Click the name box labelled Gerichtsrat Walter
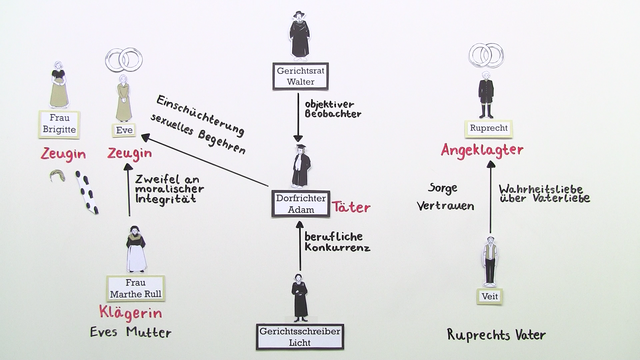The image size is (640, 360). (x=299, y=77)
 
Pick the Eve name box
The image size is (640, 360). (x=124, y=129)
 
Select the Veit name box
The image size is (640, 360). (x=488, y=297)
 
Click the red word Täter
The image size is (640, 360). (x=351, y=207)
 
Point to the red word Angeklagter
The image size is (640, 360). (x=484, y=151)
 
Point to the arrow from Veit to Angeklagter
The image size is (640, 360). (x=491, y=200)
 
